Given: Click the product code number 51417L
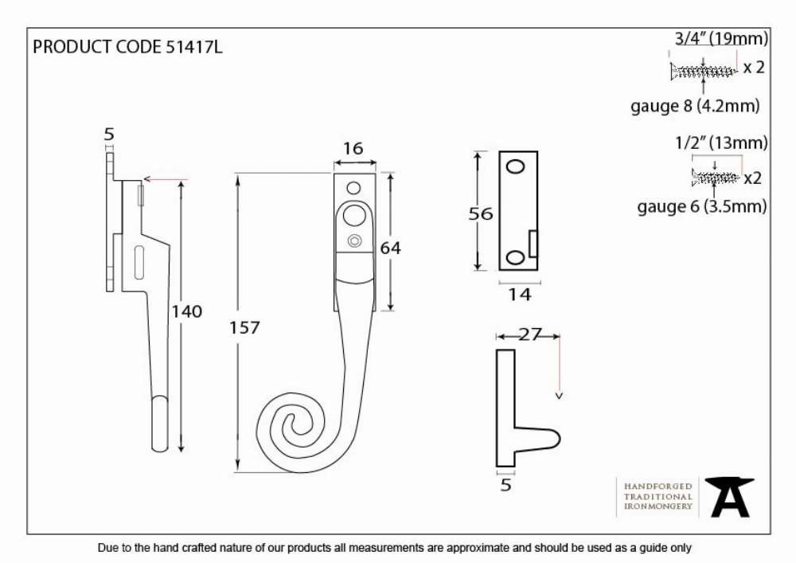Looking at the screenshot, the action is tap(194, 47).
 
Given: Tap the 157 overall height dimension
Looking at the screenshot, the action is tap(244, 327).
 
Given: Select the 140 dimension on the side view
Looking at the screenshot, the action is tap(187, 311).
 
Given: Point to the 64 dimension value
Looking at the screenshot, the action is tap(390, 248).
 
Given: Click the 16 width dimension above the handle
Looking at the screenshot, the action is tap(353, 148).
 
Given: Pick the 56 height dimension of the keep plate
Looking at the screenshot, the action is tap(480, 213).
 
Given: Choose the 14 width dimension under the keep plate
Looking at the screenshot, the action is tap(519, 295).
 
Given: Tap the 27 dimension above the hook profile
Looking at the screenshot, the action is tap(530, 334).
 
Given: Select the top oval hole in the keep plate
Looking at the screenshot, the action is tap(516, 166).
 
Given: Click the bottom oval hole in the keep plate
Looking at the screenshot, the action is tap(516, 257).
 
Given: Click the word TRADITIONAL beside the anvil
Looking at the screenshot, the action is tap(658, 496).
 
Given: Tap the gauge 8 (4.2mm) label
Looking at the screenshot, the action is tap(695, 106).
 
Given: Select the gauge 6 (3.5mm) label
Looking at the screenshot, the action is tap(701, 206).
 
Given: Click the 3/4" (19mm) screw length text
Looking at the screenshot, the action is tap(721, 38).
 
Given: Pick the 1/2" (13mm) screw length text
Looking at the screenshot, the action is tap(721, 143).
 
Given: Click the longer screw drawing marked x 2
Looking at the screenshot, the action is tap(703, 71).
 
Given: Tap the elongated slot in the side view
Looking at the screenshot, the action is tap(139, 263).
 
